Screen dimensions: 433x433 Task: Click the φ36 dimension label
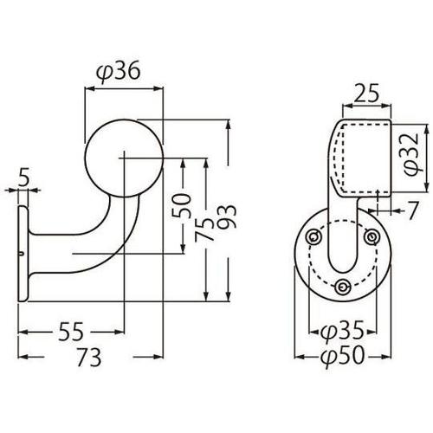tap(118, 71)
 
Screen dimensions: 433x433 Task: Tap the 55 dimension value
tap(71, 332)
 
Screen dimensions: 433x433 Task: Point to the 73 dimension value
tap(89, 357)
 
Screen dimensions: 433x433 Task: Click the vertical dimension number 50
tap(182, 205)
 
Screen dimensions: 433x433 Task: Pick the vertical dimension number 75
tap(204, 229)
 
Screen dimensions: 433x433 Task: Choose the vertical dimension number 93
tap(227, 216)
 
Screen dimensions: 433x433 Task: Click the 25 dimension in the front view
tap(366, 94)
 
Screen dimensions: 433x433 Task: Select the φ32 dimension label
tap(411, 154)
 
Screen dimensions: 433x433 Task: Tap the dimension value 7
tap(413, 210)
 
